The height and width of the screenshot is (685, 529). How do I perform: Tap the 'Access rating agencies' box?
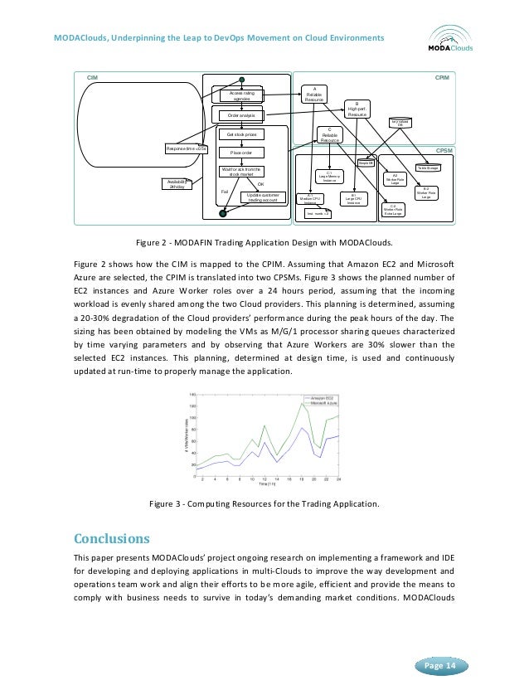(240, 98)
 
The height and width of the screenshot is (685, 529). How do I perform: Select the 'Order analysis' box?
(240, 115)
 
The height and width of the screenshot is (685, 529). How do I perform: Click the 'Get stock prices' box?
(241, 134)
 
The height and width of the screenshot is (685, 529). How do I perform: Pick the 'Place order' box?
(241, 153)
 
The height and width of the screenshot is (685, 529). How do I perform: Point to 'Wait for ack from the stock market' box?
(240, 172)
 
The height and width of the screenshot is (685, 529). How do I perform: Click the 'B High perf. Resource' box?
(357, 111)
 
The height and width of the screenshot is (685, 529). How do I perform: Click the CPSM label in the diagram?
(444, 151)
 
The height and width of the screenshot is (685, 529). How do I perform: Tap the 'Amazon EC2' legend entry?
(323, 398)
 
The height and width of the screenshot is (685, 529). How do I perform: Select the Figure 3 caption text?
(263, 503)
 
